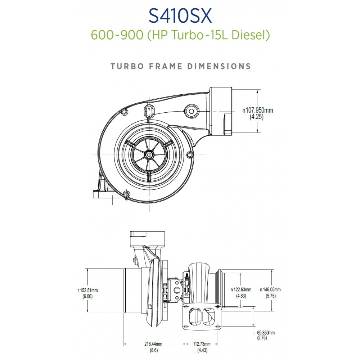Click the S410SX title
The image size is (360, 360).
coord(180,16)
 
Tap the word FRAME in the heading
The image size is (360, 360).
coord(166,66)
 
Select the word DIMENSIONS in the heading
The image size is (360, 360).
coord(219,66)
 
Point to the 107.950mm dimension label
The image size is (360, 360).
coord(258,110)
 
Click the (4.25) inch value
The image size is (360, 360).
coord(257,117)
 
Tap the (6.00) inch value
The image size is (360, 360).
coord(87,296)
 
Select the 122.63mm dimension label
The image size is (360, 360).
coord(241,290)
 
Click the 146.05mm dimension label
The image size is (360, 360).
coord(270,290)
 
